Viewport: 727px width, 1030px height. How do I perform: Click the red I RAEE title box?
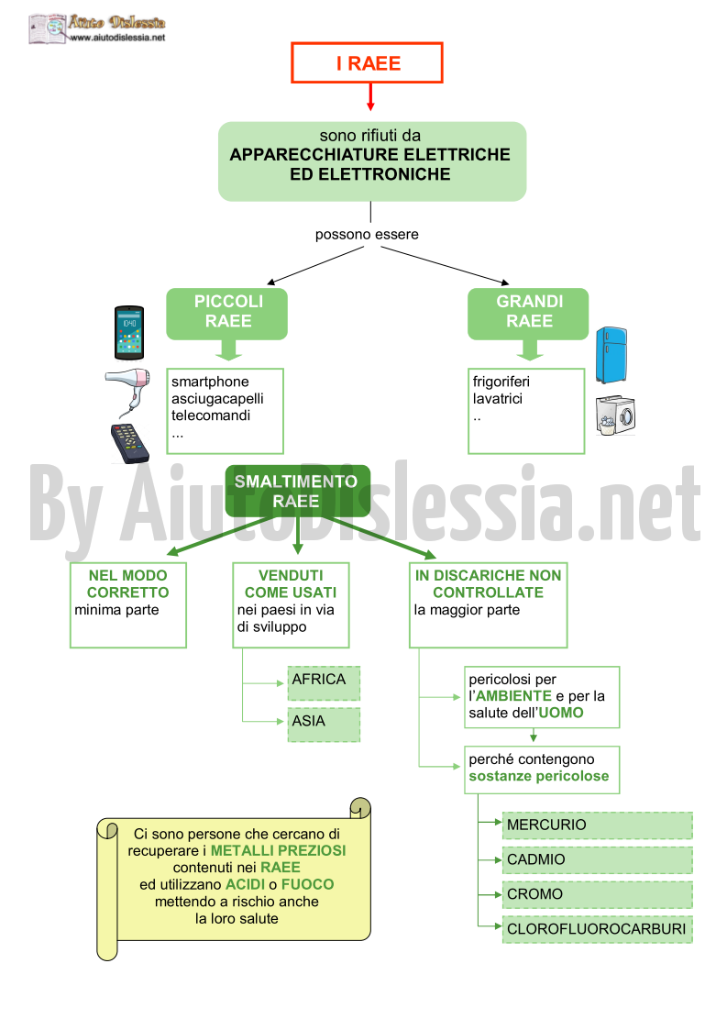367,63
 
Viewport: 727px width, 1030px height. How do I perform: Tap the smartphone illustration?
129,332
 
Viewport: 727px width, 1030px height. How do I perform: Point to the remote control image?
129,443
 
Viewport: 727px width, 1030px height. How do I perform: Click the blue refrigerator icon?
611,355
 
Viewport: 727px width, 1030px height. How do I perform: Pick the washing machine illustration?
615,415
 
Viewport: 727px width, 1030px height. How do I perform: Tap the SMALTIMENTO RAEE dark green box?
298,491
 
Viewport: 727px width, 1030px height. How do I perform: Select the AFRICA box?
324,683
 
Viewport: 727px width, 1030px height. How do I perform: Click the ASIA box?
324,725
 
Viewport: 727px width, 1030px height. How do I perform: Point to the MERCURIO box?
598,825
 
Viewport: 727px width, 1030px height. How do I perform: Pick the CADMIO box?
598,860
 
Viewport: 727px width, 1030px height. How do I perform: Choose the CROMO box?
598,894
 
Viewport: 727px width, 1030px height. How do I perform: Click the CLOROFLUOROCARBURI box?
598,929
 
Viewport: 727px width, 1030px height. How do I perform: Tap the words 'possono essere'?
367,235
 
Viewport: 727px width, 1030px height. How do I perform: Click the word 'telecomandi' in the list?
211,415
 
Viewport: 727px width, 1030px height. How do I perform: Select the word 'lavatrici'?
498,399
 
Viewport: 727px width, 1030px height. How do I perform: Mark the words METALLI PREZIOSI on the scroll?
278,850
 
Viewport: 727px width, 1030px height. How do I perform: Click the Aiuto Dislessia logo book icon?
48,29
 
